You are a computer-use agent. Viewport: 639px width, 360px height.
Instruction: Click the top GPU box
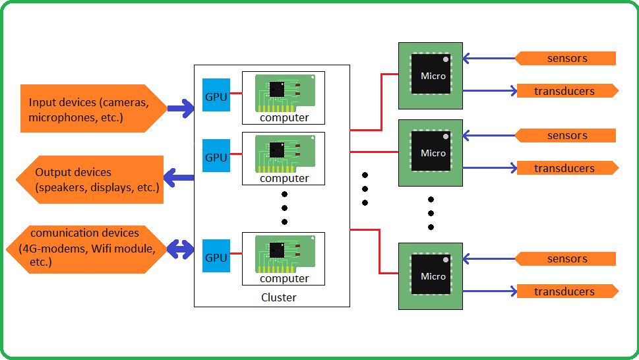(x=216, y=96)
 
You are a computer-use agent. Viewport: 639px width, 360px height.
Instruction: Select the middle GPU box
(x=216, y=157)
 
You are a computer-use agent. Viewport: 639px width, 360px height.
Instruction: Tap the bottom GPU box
(x=216, y=257)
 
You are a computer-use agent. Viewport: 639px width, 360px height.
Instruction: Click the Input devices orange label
(x=89, y=109)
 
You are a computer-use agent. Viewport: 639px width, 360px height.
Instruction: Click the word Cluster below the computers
(x=278, y=297)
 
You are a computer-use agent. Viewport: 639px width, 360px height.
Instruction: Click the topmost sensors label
(x=566, y=58)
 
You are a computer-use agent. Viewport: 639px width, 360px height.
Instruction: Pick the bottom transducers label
(x=566, y=291)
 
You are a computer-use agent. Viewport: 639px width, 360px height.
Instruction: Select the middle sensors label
(x=566, y=135)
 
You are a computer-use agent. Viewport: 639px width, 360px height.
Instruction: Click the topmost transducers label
(x=566, y=91)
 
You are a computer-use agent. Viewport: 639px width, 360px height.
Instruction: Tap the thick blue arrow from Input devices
(x=179, y=109)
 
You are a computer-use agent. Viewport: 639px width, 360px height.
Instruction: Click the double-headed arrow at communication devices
(x=179, y=250)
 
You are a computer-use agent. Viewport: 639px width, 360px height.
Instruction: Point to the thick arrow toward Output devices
(x=178, y=177)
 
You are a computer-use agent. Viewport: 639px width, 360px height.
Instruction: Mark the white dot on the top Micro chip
(x=446, y=60)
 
